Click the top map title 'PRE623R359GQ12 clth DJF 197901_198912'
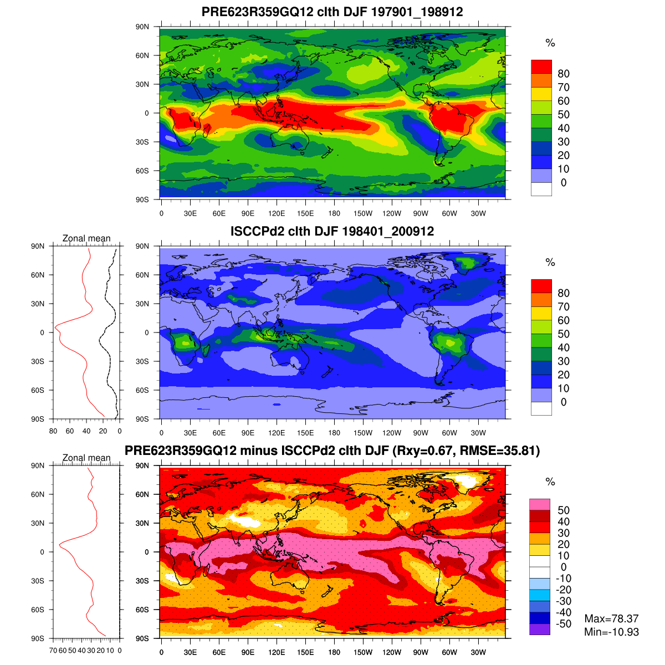(x=332, y=12)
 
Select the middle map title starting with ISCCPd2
(x=332, y=231)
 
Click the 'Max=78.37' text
(x=611, y=618)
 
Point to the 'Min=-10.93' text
(x=611, y=632)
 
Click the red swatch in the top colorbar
(x=541, y=66)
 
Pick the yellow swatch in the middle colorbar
(x=541, y=313)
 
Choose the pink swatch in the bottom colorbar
(x=540, y=504)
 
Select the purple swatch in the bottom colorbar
(x=540, y=630)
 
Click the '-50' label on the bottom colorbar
(x=564, y=624)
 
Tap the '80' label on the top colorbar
(x=564, y=74)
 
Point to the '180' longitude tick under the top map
(x=334, y=213)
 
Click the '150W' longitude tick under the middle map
(x=363, y=433)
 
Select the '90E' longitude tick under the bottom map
(x=248, y=652)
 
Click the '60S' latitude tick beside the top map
(x=142, y=171)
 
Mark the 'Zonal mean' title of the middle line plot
(x=86, y=238)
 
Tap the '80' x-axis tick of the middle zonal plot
(x=53, y=431)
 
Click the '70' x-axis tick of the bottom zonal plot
(x=53, y=651)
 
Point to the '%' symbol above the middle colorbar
(x=550, y=263)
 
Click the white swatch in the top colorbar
(x=541, y=189)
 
